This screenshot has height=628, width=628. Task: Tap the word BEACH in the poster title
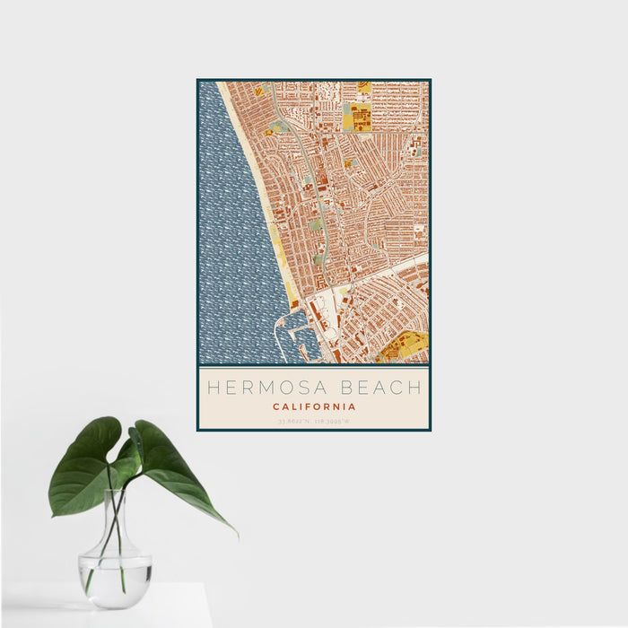point(379,388)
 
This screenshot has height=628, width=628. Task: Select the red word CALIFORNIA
point(314,406)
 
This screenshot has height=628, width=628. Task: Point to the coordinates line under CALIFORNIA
point(314,420)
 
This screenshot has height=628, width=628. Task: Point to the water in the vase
point(115,574)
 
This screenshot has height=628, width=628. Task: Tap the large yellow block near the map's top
point(359,116)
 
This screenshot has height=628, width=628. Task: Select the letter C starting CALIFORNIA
point(276,406)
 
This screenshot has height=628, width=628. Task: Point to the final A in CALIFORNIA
point(352,406)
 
